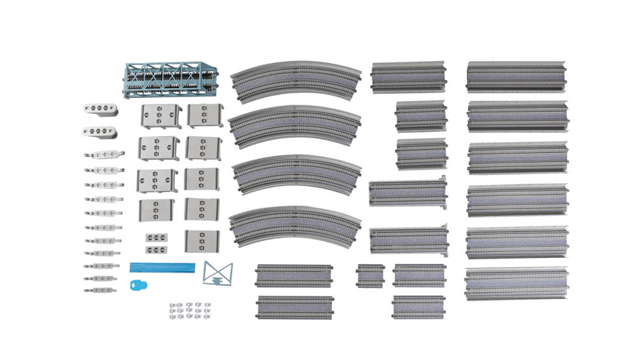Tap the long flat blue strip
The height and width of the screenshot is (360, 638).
(161, 267)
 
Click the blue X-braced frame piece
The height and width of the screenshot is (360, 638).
(217, 273)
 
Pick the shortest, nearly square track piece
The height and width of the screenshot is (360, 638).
(370, 275)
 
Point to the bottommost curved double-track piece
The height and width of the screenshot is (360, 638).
(294, 225)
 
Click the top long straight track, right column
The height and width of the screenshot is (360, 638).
(516, 76)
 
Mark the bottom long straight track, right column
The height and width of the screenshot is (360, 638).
(516, 282)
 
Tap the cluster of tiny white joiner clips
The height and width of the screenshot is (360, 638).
(186, 310)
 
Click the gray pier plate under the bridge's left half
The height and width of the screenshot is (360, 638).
(160, 116)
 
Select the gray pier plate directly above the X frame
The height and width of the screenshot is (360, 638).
(201, 241)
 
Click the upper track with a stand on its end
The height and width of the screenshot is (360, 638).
(407, 192)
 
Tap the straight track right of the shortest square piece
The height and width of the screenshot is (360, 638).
(419, 275)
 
